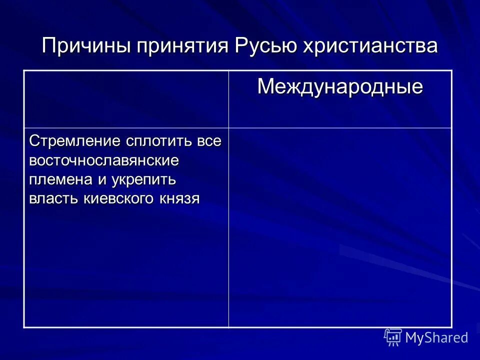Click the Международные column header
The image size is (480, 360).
(340, 87)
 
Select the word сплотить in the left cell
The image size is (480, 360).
(152, 140)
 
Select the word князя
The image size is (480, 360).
(180, 198)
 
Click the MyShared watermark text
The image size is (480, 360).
(436, 337)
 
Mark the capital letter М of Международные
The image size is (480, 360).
(265, 87)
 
